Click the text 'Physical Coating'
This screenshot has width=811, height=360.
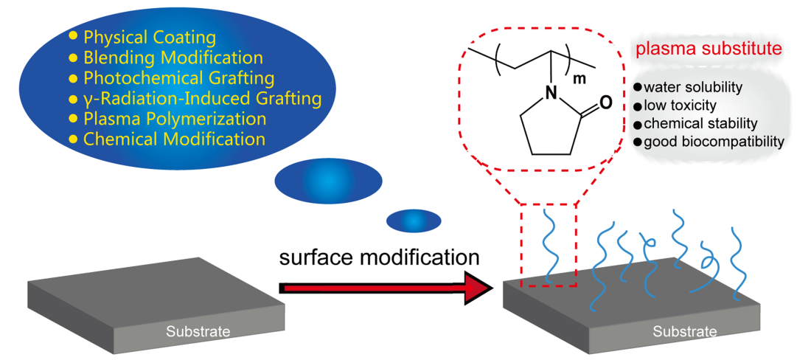(150, 38)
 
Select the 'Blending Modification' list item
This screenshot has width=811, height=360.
(173, 58)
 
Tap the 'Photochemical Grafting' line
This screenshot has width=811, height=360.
(179, 78)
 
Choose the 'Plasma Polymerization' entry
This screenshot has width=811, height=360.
(175, 119)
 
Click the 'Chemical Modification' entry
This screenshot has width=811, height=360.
(174, 139)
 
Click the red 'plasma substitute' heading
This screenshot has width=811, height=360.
(709, 50)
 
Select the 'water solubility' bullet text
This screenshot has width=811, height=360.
(692, 87)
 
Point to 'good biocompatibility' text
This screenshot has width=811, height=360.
(713, 141)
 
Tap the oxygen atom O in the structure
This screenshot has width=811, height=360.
(605, 103)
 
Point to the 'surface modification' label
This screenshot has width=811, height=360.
(380, 257)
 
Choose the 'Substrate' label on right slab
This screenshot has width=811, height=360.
(684, 332)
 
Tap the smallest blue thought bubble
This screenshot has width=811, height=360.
(414, 220)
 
